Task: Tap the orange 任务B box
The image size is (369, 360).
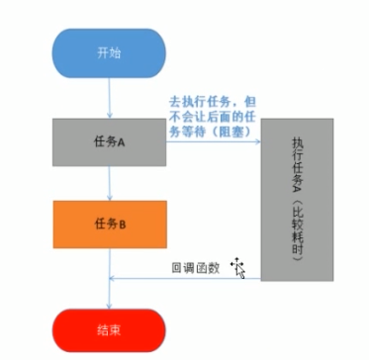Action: click(109, 224)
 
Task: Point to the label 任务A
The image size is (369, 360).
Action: click(109, 141)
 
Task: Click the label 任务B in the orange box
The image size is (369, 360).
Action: click(109, 224)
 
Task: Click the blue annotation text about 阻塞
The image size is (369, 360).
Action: click(212, 119)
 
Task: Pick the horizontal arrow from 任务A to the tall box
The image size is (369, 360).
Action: click(213, 141)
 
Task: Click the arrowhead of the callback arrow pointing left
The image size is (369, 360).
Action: click(113, 279)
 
